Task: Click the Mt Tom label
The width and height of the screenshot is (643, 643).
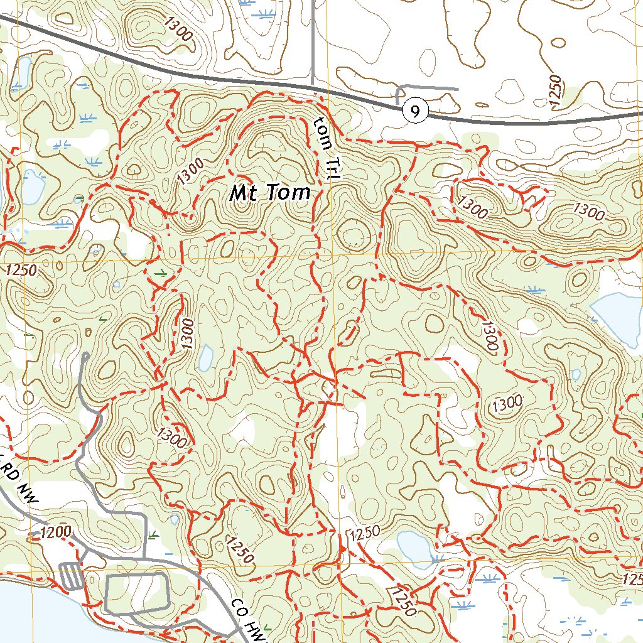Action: [270, 193]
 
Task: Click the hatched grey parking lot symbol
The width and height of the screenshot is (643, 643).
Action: [70, 575]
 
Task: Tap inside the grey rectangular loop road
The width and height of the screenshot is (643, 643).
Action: [136, 592]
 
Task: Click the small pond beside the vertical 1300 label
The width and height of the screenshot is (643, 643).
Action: [205, 357]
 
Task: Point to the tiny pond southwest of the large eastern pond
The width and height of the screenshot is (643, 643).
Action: [576, 375]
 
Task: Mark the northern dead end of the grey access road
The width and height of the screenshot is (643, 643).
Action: [85, 356]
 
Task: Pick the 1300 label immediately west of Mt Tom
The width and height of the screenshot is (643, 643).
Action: [190, 170]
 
